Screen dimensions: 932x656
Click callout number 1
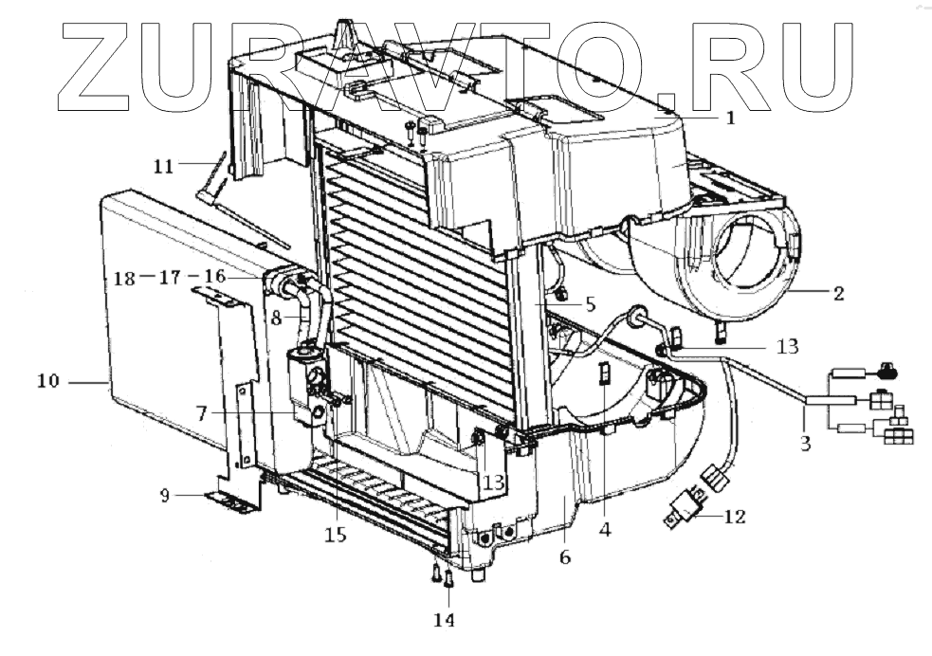click(x=730, y=118)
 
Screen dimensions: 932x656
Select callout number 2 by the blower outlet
click(x=837, y=293)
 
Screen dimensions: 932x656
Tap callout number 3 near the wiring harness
click(x=804, y=442)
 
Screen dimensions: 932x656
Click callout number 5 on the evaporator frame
click(x=589, y=305)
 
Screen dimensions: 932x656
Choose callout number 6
click(x=565, y=557)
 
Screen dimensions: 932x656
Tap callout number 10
click(x=48, y=381)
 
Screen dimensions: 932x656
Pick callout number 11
click(x=163, y=166)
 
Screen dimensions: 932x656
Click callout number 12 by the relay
click(x=734, y=517)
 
